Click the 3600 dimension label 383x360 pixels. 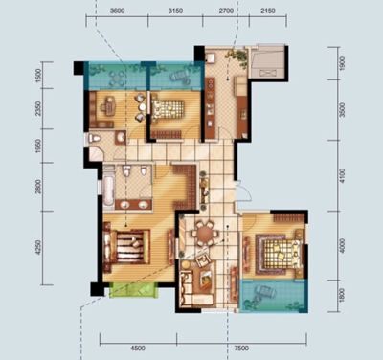tap(117, 11)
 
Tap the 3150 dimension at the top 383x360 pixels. tap(175, 11)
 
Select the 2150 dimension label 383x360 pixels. tap(268, 11)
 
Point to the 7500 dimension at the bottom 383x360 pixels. tap(241, 349)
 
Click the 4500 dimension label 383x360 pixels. tap(138, 349)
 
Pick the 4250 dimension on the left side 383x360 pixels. tap(38, 248)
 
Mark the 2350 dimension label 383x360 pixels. tap(38, 108)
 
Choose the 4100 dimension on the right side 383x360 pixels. tap(342, 175)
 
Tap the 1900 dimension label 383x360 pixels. tap(342, 63)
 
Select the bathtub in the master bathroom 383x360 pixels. tap(108, 191)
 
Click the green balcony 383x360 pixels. tap(134, 290)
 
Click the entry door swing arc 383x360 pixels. tap(246, 193)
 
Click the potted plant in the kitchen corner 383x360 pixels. tap(237, 56)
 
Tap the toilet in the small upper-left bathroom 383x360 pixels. tap(95, 139)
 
